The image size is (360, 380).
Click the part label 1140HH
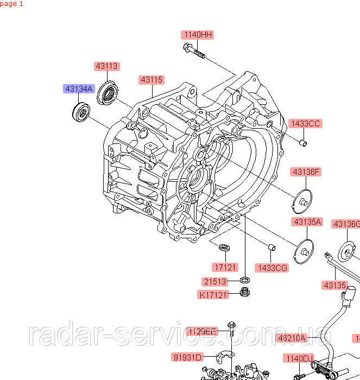pos(197,35)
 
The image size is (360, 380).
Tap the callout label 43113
pos(106,66)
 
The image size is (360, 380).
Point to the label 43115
pos(151,80)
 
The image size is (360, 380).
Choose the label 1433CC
pos(305,124)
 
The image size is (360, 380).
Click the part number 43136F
pos(306,172)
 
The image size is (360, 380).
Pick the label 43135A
pos(307,222)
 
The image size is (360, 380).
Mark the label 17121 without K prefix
pos(224,267)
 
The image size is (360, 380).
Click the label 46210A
pos(292,338)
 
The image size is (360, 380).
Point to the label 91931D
pos(187,357)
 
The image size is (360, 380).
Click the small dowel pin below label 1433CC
pos(305,143)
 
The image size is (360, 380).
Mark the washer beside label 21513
pos(245,281)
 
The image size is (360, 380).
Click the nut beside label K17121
pos(244,294)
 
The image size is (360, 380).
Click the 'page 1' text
pos(12,4)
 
